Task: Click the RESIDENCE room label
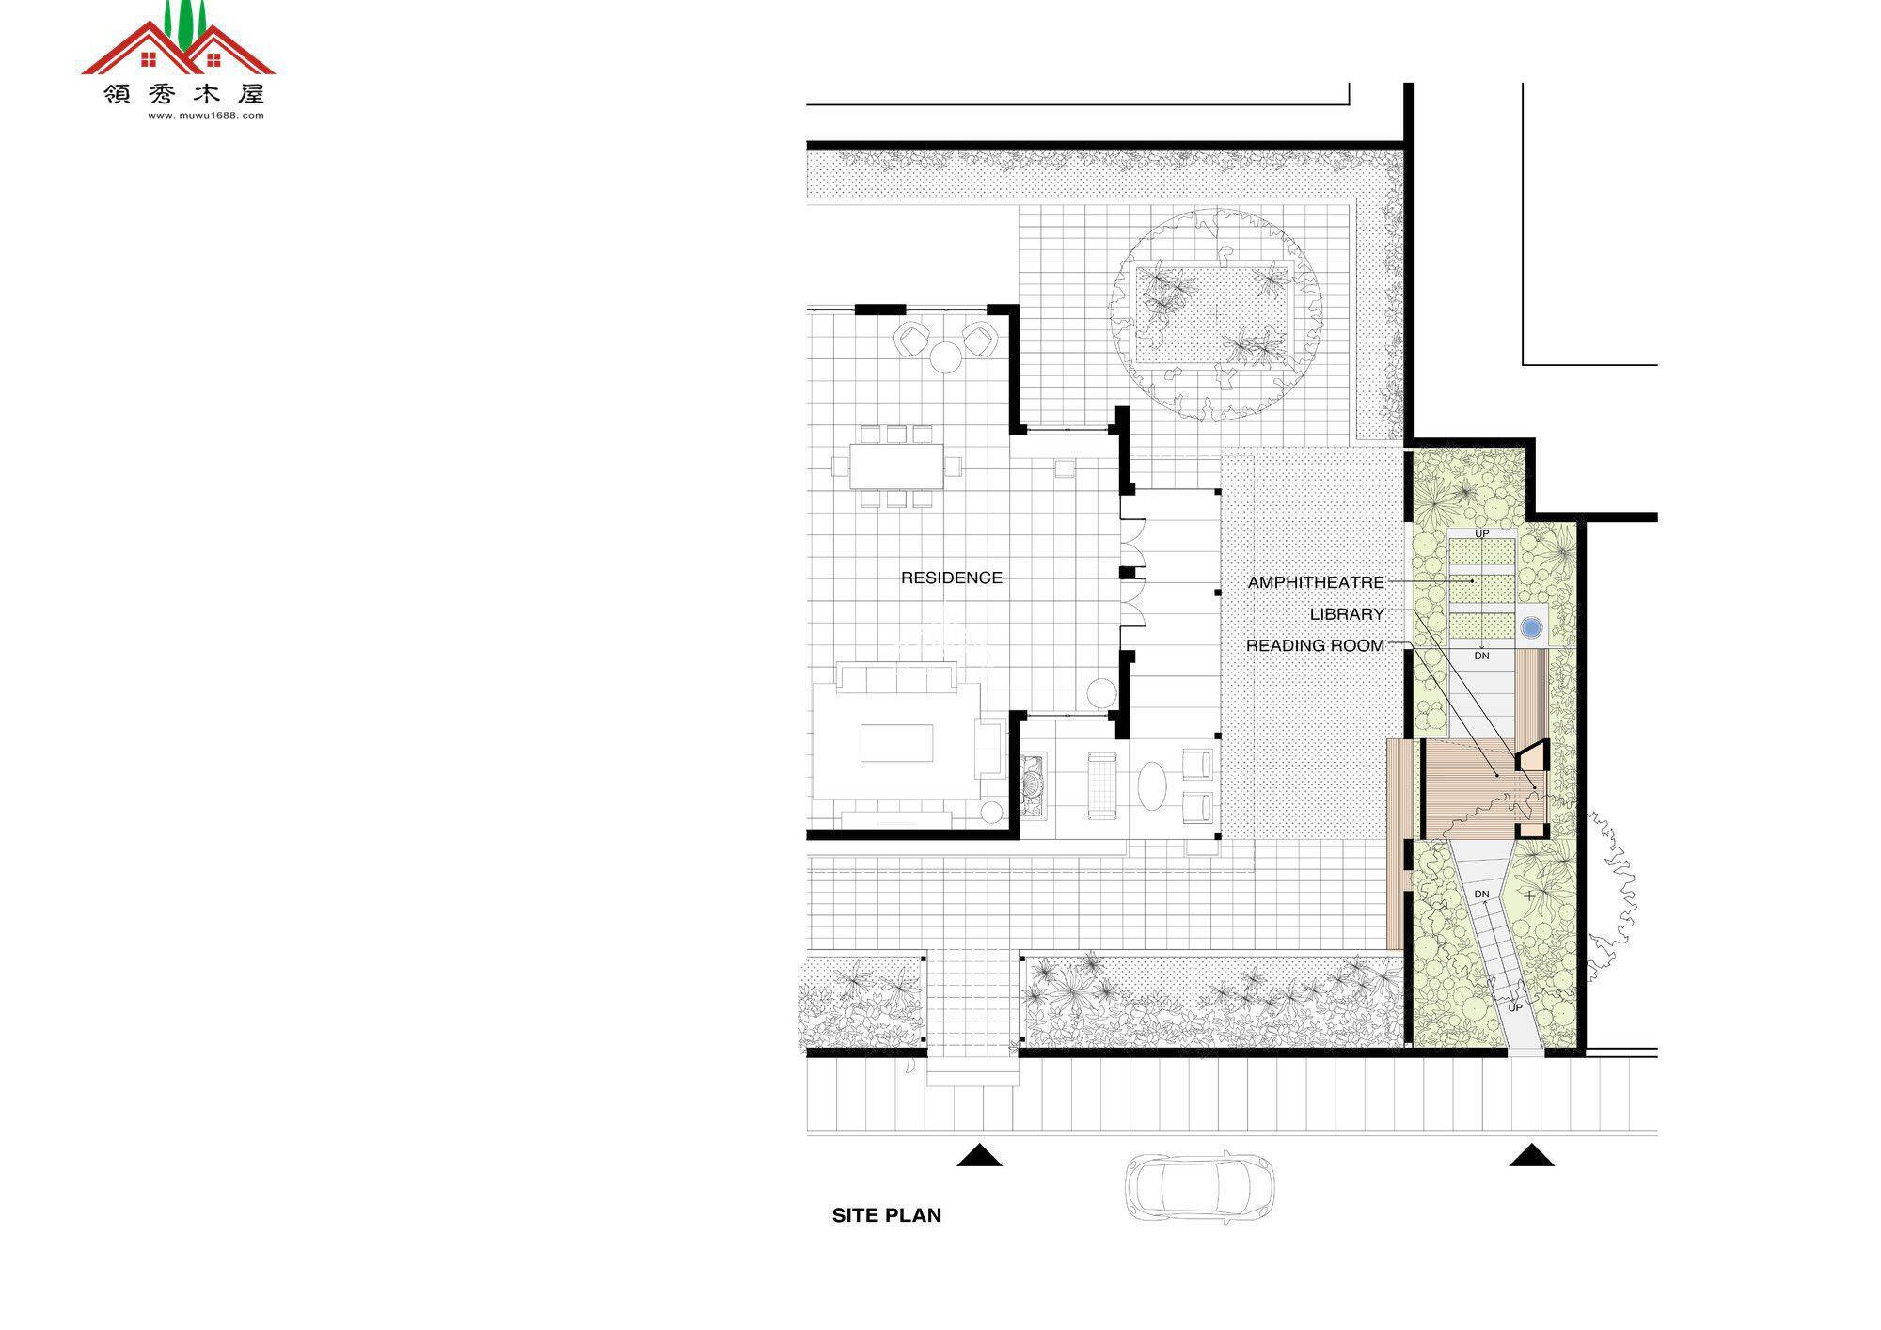point(951,578)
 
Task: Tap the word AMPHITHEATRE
point(1316,583)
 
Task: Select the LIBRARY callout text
point(1347,614)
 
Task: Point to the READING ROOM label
point(1315,646)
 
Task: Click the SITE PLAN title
point(886,1215)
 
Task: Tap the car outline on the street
point(1200,1187)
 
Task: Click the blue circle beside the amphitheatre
point(1532,625)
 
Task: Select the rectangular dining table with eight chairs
point(896,466)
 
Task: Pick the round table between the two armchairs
point(945,356)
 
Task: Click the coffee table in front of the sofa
point(896,743)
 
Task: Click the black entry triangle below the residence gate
point(979,1155)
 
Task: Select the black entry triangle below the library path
point(1531,1155)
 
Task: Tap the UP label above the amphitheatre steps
point(1482,534)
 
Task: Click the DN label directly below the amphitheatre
point(1482,656)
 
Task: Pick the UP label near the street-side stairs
point(1515,1008)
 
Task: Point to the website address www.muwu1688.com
point(206,116)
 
